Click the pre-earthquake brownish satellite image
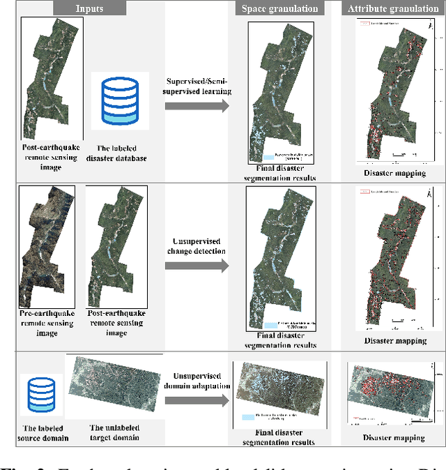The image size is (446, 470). point(43,244)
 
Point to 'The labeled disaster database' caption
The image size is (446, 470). point(118,153)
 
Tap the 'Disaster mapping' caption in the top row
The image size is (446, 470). point(394,173)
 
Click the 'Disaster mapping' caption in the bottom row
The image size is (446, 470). point(394,438)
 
